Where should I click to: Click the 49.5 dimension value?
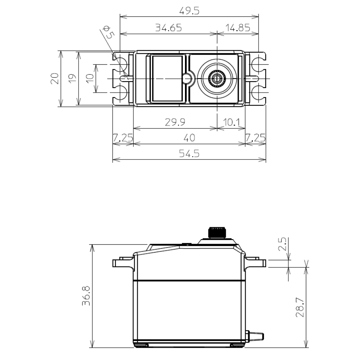coord(190,11)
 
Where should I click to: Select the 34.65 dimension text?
coord(168,28)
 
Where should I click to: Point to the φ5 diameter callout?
coord(108,33)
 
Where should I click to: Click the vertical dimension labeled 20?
coord(55,79)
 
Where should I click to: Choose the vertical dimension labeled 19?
coord(72,79)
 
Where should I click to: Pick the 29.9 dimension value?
coord(175,122)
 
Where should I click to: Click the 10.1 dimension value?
coord(231,122)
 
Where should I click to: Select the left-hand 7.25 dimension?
coord(122,138)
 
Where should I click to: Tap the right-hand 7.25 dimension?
coord(255,138)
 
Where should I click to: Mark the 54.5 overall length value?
coord(190,154)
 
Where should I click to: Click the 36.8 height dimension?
coord(86,296)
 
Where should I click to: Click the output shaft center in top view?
coord(217,78)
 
